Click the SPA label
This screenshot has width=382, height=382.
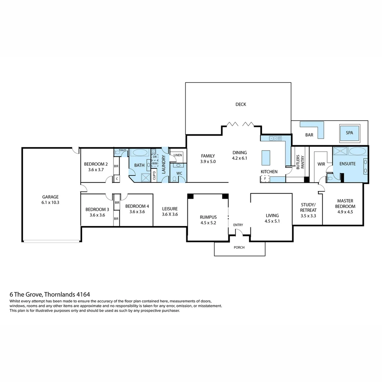(x=349, y=133)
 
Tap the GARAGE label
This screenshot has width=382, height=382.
(x=50, y=197)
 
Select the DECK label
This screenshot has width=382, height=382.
(x=241, y=104)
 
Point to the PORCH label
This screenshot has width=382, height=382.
(x=239, y=247)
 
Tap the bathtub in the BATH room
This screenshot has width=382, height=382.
(x=140, y=153)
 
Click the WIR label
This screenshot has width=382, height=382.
(x=321, y=164)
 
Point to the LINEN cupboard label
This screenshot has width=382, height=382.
(x=178, y=155)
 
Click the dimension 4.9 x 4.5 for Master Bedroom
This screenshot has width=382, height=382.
(x=346, y=212)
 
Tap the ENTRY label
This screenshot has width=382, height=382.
(x=238, y=225)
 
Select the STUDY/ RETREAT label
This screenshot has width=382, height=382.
(x=308, y=207)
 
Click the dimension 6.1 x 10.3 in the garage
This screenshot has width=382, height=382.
(x=50, y=203)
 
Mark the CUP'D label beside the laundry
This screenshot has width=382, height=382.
(x=154, y=176)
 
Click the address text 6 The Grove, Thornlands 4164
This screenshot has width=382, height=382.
(x=50, y=294)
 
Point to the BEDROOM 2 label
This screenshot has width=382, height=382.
(x=96, y=164)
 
